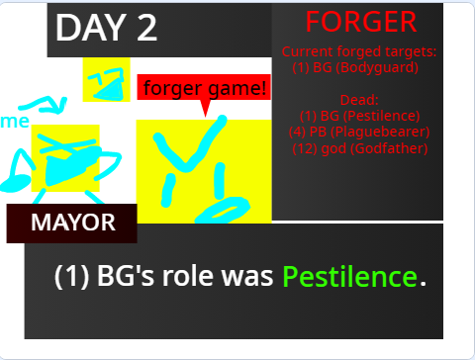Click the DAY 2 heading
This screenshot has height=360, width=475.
pyautogui.click(x=107, y=27)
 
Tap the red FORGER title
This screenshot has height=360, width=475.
pyautogui.click(x=360, y=22)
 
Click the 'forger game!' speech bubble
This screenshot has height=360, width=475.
pyautogui.click(x=204, y=88)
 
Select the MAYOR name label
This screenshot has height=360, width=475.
pyautogui.click(x=72, y=223)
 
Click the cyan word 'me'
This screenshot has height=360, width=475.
pyautogui.click(x=16, y=121)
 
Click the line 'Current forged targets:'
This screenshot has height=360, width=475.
pyautogui.click(x=359, y=51)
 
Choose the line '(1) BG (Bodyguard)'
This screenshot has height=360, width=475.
pyautogui.click(x=356, y=67)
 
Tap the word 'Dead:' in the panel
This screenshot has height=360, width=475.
pyautogui.click(x=359, y=100)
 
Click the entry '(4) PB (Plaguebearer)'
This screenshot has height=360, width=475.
pyautogui.click(x=359, y=132)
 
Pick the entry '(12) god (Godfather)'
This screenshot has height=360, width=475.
pyautogui.click(x=359, y=148)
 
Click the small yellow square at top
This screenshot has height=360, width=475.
pyautogui.click(x=106, y=80)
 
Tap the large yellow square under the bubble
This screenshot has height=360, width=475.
pyautogui.click(x=203, y=170)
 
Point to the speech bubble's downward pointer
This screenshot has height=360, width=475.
pyautogui.click(x=205, y=108)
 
